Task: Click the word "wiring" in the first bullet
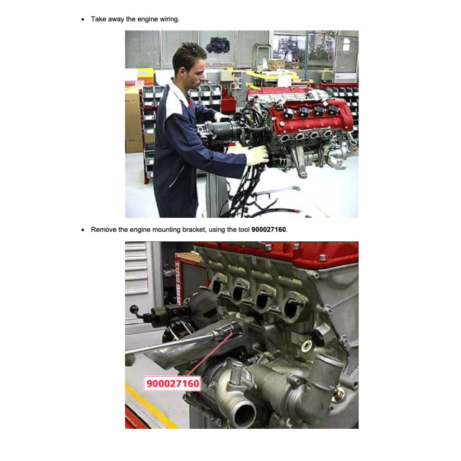tap(170, 19)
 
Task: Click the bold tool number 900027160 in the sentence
tap(269, 230)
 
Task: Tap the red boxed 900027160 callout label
tap(172, 383)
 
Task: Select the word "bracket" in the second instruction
tap(194, 230)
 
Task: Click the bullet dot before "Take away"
tap(83, 20)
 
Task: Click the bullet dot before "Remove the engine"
tap(83, 230)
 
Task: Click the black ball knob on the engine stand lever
tap(134, 309)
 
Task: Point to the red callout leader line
tap(210, 355)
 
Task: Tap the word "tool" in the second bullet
tap(244, 230)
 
